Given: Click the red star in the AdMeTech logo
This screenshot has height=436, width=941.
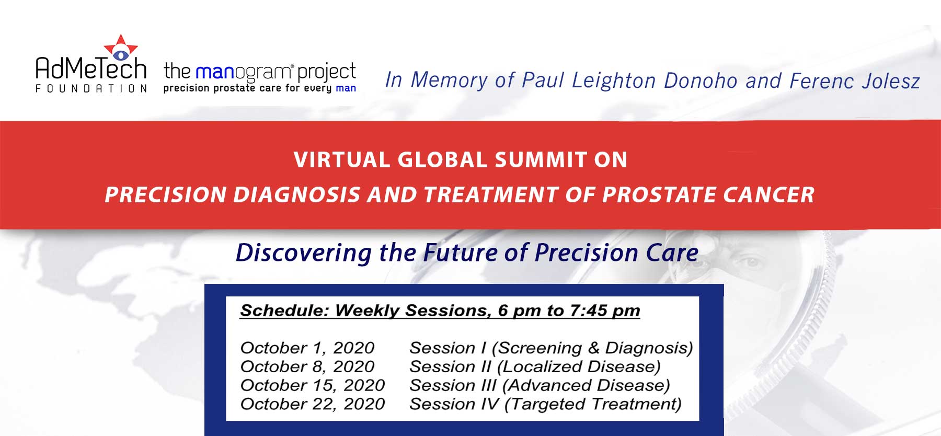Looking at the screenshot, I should coord(121,48).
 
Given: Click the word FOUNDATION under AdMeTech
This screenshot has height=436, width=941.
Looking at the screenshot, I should coord(91,89).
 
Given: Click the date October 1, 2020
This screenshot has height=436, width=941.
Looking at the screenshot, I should coord(307,348).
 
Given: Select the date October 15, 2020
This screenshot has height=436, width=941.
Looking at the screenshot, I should coord(312,386).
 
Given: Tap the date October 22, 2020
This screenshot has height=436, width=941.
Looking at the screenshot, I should coord(312,404).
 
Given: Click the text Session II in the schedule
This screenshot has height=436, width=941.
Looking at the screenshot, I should coord(450,367).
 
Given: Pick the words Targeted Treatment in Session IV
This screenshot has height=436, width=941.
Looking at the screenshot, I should coord(593,404).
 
